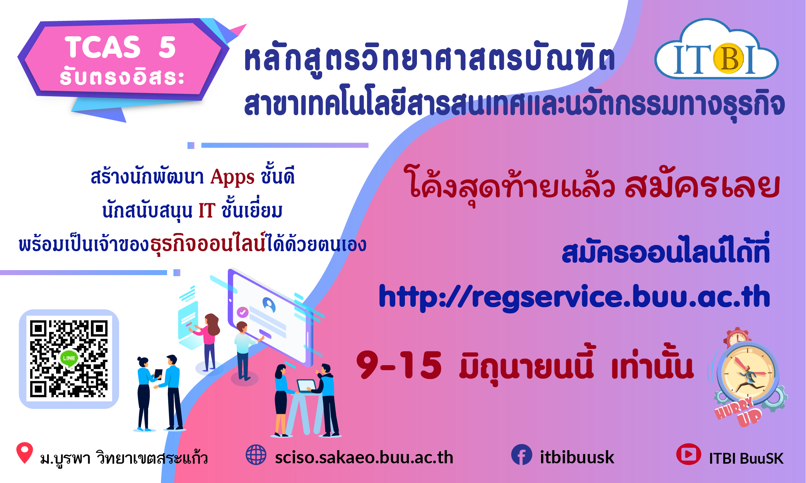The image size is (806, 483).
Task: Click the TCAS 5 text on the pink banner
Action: click(120, 47)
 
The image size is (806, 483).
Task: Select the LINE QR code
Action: click(69, 359)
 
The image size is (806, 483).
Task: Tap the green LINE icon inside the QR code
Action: click(69, 358)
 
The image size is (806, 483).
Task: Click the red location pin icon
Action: click(24, 452)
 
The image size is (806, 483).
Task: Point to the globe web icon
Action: click(256, 455)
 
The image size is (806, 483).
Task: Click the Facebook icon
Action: click(522, 455)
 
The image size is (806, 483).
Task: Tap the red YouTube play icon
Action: click(688, 454)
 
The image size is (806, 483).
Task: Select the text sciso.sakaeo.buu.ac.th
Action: click(364, 457)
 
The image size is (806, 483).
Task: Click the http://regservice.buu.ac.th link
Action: click(574, 297)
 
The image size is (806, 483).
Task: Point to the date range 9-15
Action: click(399, 365)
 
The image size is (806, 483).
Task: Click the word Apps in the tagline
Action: click(232, 177)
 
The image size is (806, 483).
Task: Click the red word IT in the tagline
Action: click(207, 211)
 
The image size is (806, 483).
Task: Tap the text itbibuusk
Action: click(577, 457)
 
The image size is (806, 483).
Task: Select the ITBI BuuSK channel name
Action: click(746, 458)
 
